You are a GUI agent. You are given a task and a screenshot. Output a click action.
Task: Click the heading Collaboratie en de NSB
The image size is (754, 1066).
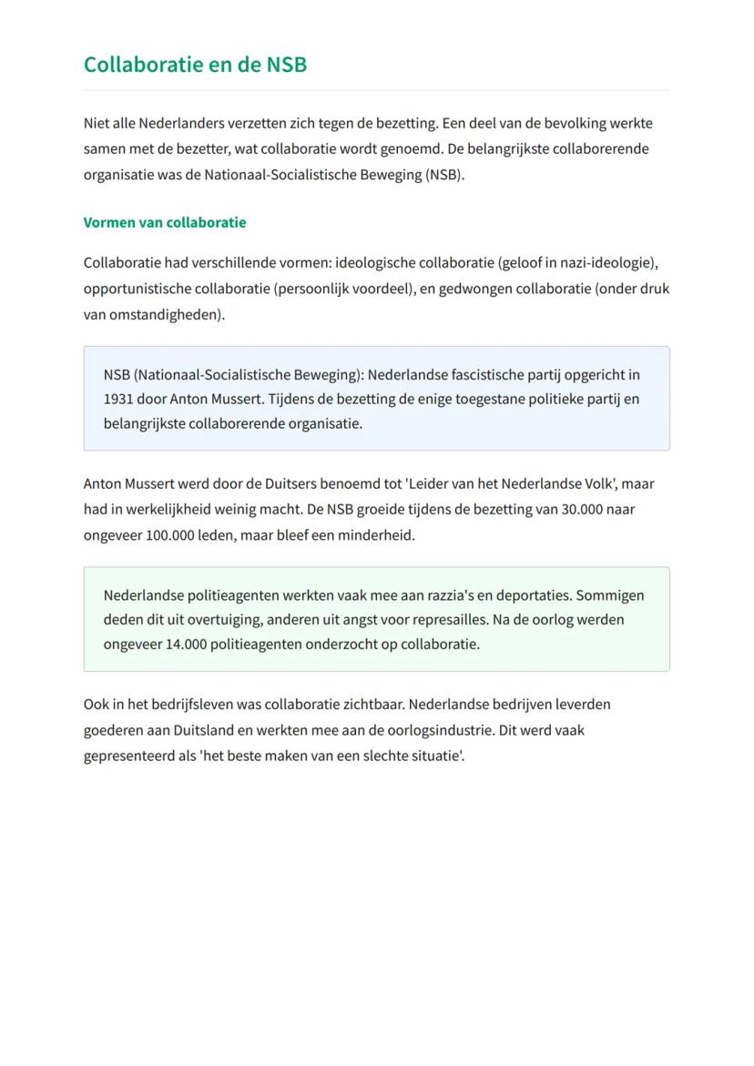tap(195, 65)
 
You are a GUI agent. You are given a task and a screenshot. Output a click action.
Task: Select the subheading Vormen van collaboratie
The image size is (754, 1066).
tap(165, 222)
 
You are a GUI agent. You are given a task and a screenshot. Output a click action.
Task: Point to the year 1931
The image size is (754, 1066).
tap(118, 399)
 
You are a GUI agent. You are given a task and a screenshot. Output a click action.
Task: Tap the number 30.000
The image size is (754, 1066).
tap(583, 509)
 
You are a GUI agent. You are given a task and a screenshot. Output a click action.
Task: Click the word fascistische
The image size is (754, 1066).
tap(493, 374)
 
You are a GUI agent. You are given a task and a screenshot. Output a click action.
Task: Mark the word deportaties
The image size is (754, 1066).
tap(534, 594)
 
